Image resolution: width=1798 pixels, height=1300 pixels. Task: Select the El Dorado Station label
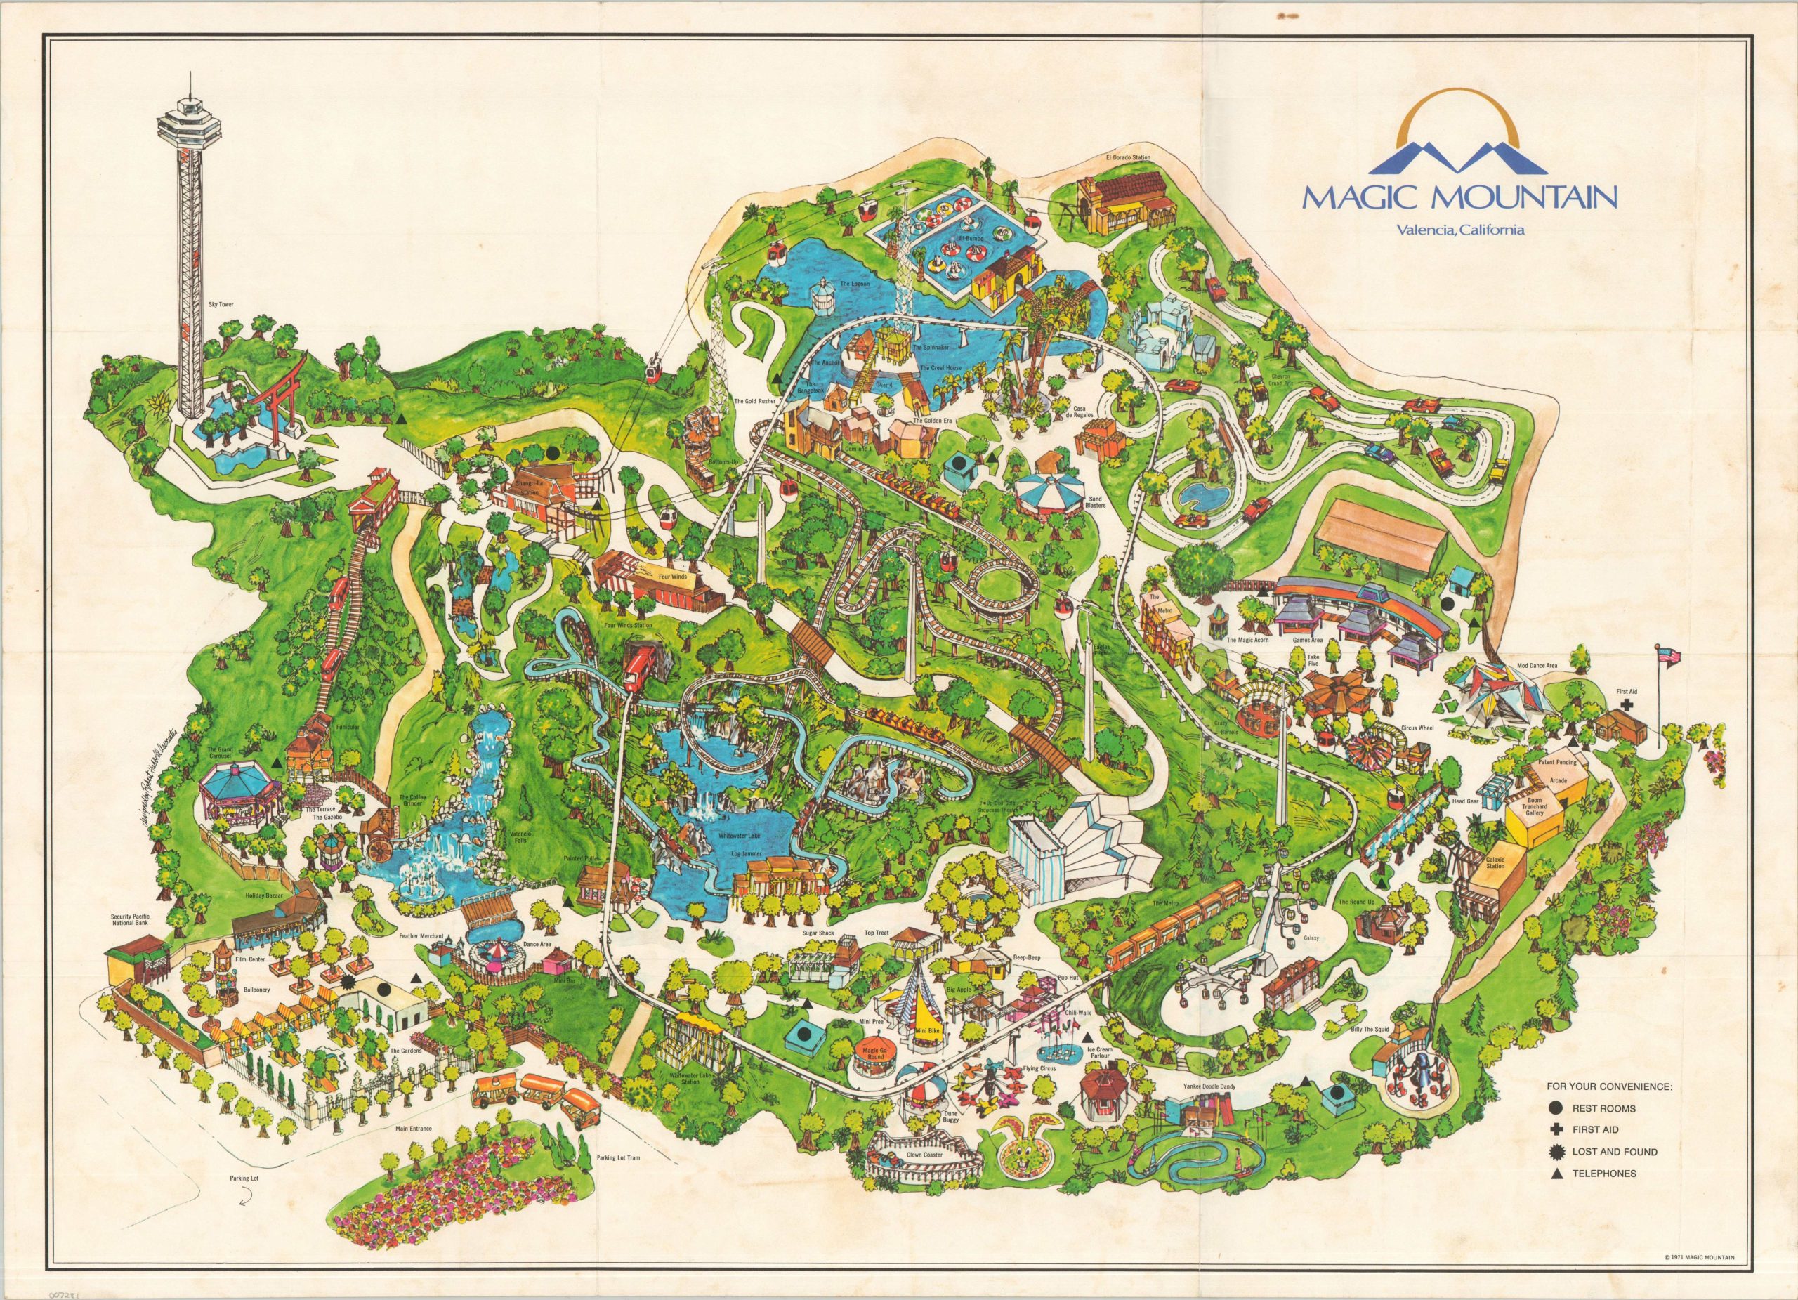tap(1127, 158)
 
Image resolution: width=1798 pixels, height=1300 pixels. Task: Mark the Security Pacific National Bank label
tap(141, 919)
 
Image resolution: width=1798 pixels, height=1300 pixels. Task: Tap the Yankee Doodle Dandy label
tap(1207, 1086)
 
